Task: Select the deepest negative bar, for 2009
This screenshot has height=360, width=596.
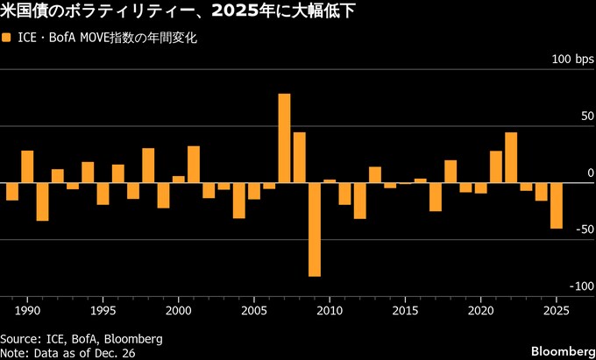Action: point(315,229)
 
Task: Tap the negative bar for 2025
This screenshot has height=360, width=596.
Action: point(557,206)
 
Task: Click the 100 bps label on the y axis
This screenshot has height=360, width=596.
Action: point(572,60)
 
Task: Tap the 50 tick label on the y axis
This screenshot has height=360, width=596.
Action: point(585,116)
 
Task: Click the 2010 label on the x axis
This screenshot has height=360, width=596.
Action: point(330,311)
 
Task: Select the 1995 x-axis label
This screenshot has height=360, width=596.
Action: point(103,311)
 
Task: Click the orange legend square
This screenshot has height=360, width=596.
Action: point(7,39)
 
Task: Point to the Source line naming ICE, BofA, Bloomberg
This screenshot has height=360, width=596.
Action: point(82,337)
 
